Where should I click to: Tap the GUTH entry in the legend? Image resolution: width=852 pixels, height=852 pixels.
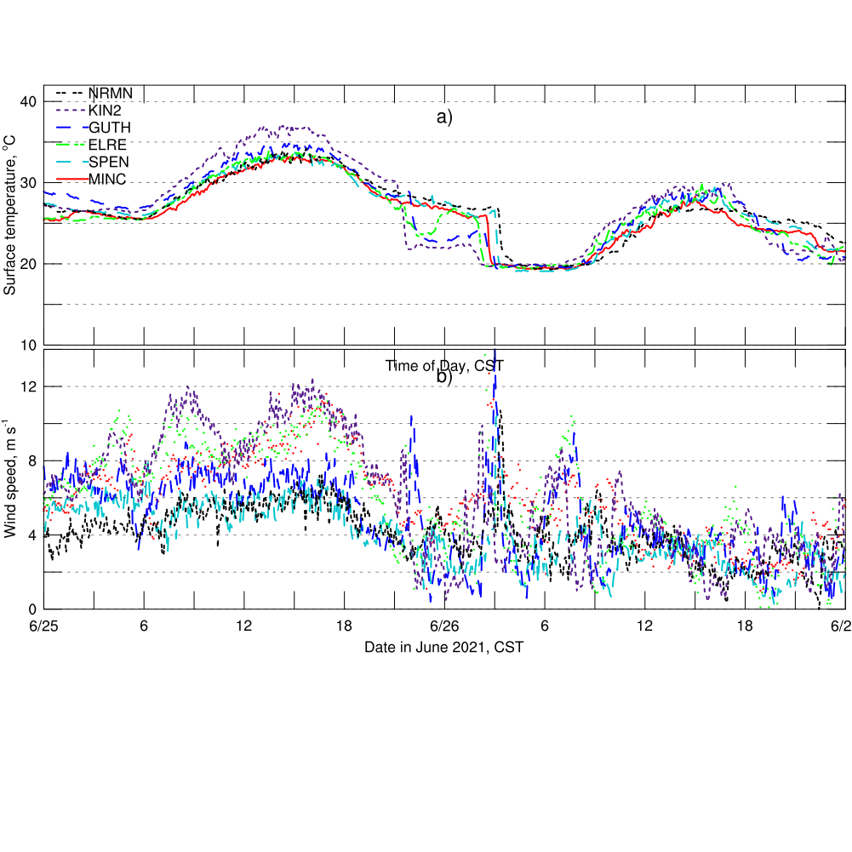click(x=110, y=127)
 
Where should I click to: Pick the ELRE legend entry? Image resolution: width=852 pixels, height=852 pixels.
click(x=107, y=144)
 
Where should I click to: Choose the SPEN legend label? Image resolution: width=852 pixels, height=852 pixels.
click(x=108, y=161)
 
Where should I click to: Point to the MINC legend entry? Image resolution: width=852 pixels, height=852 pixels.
click(x=108, y=178)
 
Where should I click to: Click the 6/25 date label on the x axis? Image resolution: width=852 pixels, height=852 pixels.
click(x=44, y=626)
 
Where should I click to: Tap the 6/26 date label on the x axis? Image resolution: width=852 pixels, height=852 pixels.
click(x=444, y=626)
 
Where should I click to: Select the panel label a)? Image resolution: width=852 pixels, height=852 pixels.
click(x=444, y=117)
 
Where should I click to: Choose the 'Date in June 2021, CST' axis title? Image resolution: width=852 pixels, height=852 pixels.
click(x=444, y=647)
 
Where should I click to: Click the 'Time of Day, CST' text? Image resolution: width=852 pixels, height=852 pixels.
click(x=444, y=366)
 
